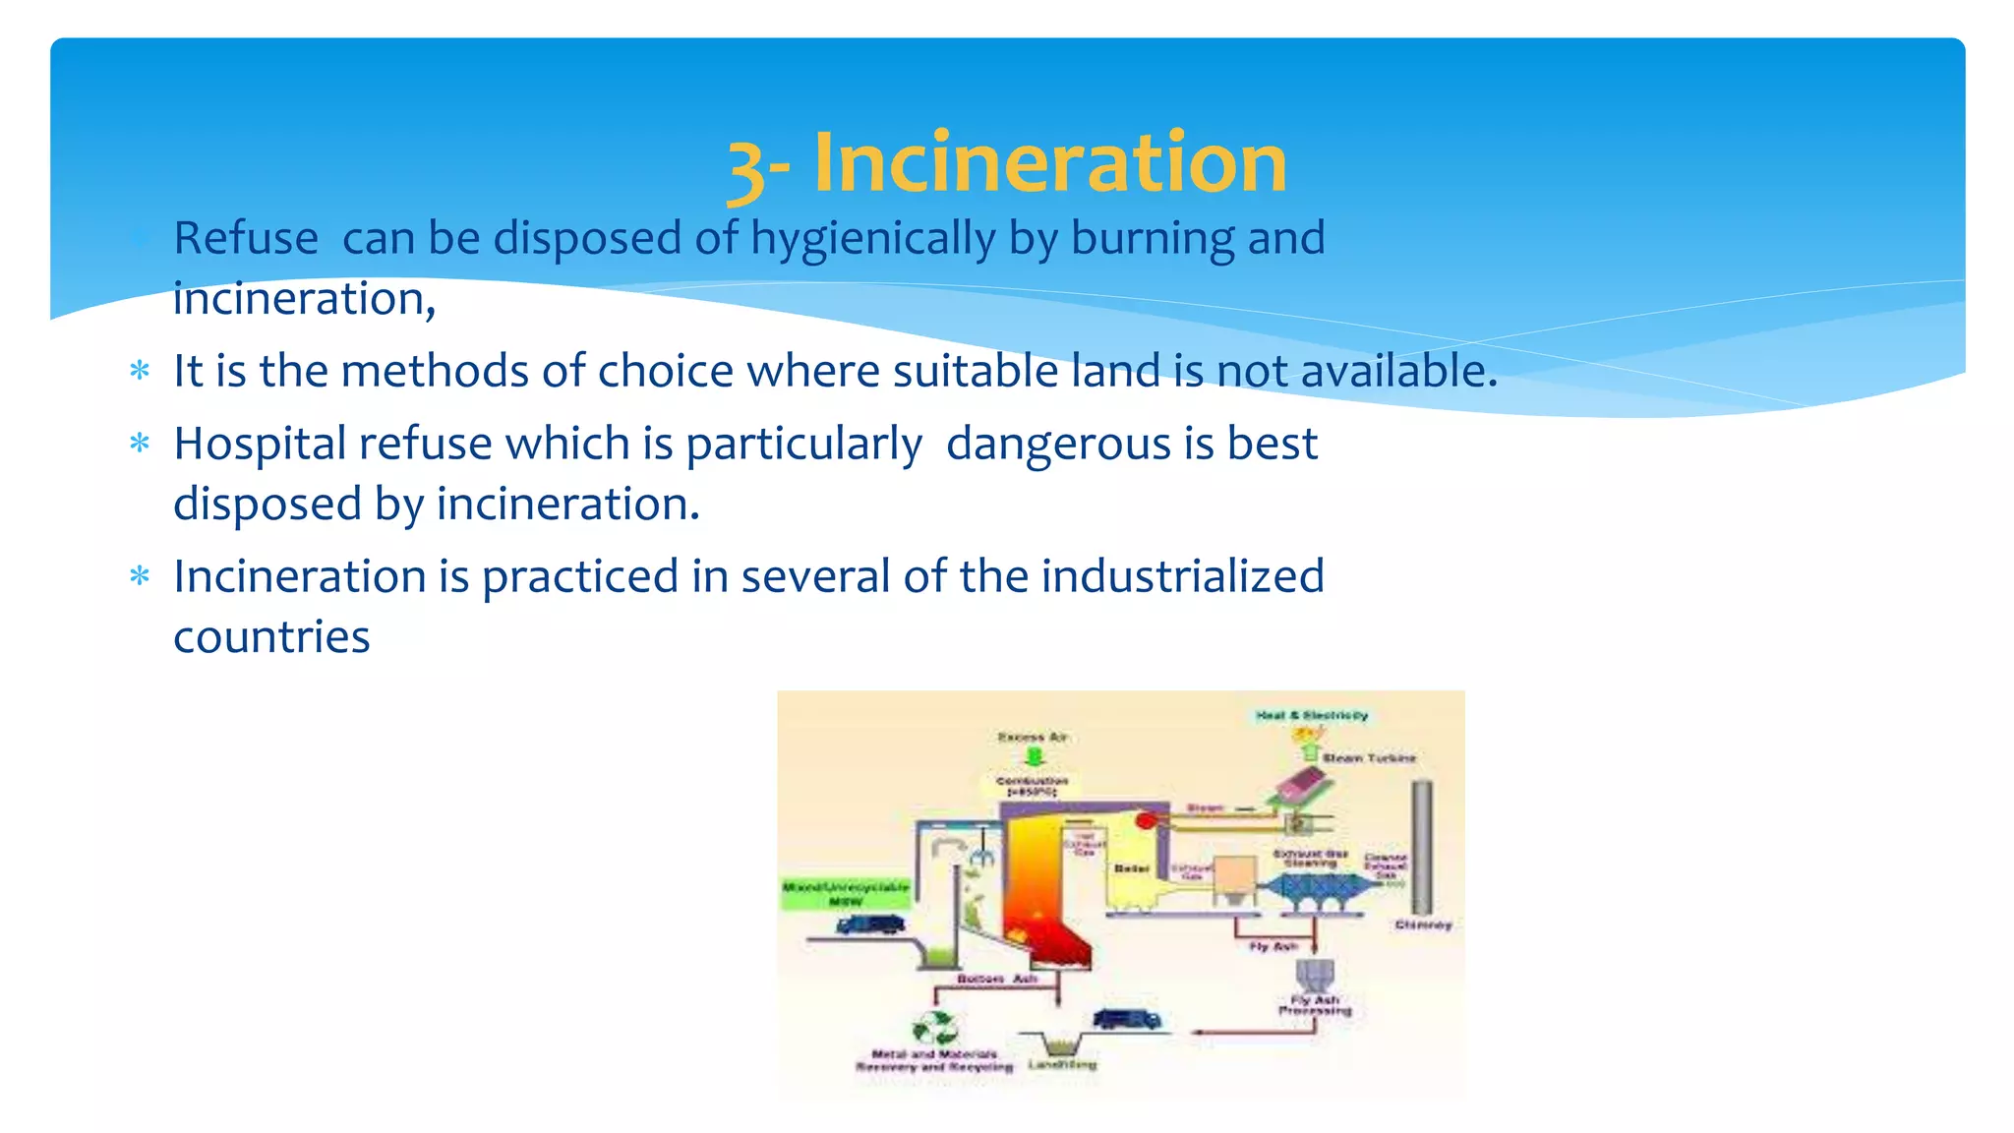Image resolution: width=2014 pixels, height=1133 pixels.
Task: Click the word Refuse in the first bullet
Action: click(246, 239)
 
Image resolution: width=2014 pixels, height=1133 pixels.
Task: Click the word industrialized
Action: click(1182, 576)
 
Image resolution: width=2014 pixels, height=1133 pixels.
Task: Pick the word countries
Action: click(271, 637)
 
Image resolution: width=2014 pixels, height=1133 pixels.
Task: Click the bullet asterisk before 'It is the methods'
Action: click(140, 372)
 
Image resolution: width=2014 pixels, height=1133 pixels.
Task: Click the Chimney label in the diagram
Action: click(1422, 925)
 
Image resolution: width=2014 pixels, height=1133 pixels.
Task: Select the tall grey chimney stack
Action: click(1422, 846)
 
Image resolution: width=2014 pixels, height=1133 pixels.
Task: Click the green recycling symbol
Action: click(934, 1029)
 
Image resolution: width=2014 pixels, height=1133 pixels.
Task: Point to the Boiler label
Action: click(1132, 868)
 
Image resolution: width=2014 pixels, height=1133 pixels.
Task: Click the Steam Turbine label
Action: click(1369, 758)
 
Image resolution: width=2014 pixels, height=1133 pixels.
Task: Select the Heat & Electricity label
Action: click(1312, 715)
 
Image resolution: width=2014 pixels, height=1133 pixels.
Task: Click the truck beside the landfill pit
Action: click(1127, 1019)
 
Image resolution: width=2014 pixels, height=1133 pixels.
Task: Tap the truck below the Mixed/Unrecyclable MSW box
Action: click(870, 925)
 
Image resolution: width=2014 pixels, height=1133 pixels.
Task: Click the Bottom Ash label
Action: click(997, 980)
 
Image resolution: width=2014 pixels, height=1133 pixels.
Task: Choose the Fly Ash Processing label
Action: click(1315, 1005)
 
